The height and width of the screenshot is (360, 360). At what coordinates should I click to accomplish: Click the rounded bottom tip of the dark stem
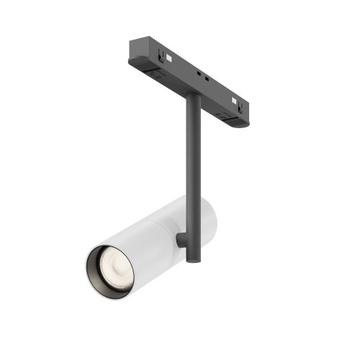click(x=192, y=258)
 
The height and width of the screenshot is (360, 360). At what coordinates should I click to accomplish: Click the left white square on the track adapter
click(x=167, y=56)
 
